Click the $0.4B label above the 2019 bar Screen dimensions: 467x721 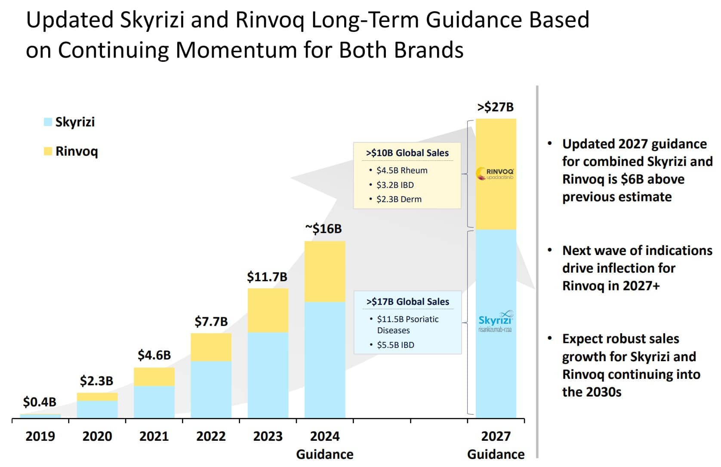tap(40, 402)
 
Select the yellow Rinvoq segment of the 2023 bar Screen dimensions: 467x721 tap(268, 310)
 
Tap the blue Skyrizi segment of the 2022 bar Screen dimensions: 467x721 tap(211, 389)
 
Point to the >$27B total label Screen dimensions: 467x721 tap(496, 107)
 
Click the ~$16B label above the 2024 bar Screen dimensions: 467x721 tap(324, 229)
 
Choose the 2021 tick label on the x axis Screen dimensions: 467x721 tap(154, 436)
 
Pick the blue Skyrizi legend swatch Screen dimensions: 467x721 tap(48, 122)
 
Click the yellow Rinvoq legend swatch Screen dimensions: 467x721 tap(48, 151)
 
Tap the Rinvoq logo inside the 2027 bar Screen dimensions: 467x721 tap(495, 174)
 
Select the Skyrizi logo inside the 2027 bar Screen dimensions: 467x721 tap(496, 322)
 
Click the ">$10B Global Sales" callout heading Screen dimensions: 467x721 tap(407, 153)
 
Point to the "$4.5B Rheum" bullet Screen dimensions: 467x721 tap(402, 170)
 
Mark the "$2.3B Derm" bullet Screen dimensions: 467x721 tap(399, 199)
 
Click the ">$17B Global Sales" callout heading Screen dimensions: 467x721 tap(407, 302)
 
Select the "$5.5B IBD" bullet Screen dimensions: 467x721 tap(395, 345)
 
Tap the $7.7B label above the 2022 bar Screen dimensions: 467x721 tap(211, 322)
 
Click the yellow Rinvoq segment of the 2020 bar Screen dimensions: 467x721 tap(97, 396)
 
